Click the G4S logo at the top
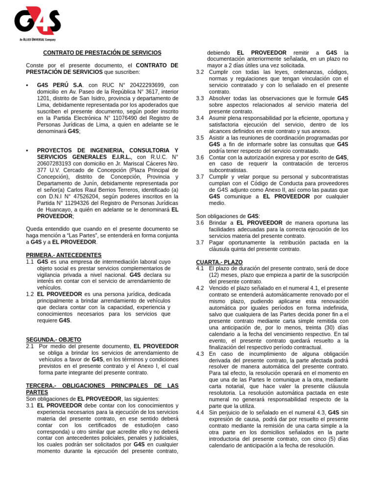[x=37, y=21]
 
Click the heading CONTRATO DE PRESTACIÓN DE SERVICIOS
[x=102, y=52]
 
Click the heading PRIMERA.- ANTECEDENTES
[x=64, y=255]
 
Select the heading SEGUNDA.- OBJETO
[x=53, y=340]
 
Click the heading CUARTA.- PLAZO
[x=219, y=262]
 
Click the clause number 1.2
[x=30, y=294]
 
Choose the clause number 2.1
[x=30, y=346]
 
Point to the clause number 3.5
[x=200, y=138]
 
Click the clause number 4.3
[x=200, y=353]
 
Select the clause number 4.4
[x=200, y=412]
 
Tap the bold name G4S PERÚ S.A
[x=60, y=85]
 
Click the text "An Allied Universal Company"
[x=37, y=39]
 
